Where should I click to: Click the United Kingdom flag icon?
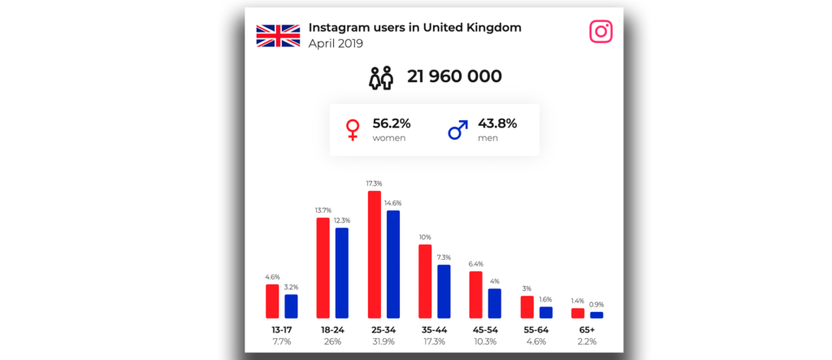click(x=278, y=35)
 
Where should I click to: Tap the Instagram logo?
click(x=600, y=32)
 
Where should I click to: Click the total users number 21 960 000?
click(x=454, y=77)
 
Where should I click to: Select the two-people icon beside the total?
click(x=381, y=78)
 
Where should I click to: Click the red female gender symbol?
click(x=353, y=130)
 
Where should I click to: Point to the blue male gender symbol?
click(x=458, y=130)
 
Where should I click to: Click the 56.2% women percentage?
click(x=392, y=124)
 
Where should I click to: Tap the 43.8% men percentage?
click(x=497, y=124)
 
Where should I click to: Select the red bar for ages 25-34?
click(x=375, y=254)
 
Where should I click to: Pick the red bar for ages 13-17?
click(x=272, y=301)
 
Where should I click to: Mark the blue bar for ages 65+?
click(x=596, y=314)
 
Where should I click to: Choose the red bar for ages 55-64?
click(x=526, y=306)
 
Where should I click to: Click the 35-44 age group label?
click(x=434, y=330)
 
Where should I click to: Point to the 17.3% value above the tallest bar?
click(x=375, y=184)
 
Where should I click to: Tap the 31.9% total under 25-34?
click(x=383, y=342)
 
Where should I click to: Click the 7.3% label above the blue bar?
click(x=444, y=258)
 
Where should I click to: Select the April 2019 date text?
click(x=336, y=43)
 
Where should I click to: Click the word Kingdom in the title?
click(x=492, y=28)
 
